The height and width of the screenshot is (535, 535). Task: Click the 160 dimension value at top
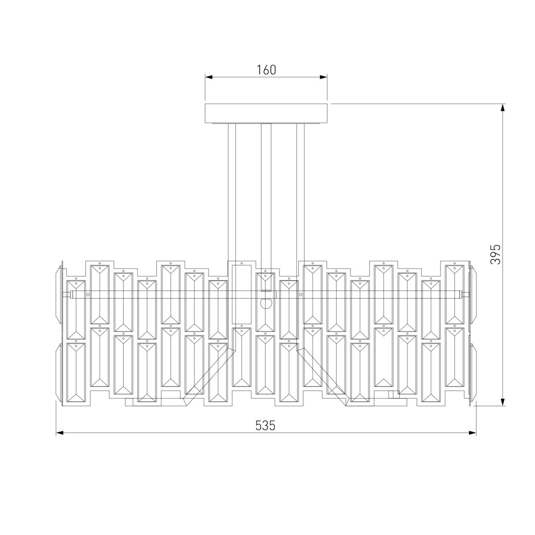(266, 70)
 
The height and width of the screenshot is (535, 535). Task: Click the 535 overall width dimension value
(265, 426)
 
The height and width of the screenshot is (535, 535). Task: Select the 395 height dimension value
(496, 254)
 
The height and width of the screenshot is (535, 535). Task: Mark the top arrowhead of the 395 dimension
(503, 107)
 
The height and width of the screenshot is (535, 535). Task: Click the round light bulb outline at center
(266, 304)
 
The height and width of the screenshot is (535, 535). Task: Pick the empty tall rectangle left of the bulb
(242, 294)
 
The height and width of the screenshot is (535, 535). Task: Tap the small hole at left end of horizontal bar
(88, 294)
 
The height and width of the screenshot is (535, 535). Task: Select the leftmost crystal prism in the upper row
(76, 310)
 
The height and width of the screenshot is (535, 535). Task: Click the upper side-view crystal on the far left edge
(59, 294)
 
